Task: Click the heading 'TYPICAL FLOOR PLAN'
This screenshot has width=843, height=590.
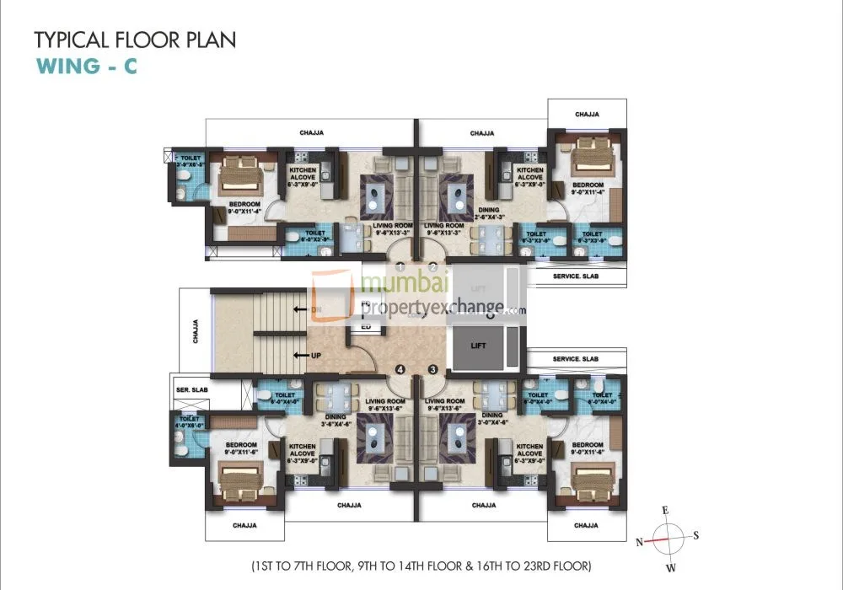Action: pos(135,40)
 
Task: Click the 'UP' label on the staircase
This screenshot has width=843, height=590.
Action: pos(316,355)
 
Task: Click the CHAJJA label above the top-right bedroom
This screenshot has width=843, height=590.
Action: pos(587,113)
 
